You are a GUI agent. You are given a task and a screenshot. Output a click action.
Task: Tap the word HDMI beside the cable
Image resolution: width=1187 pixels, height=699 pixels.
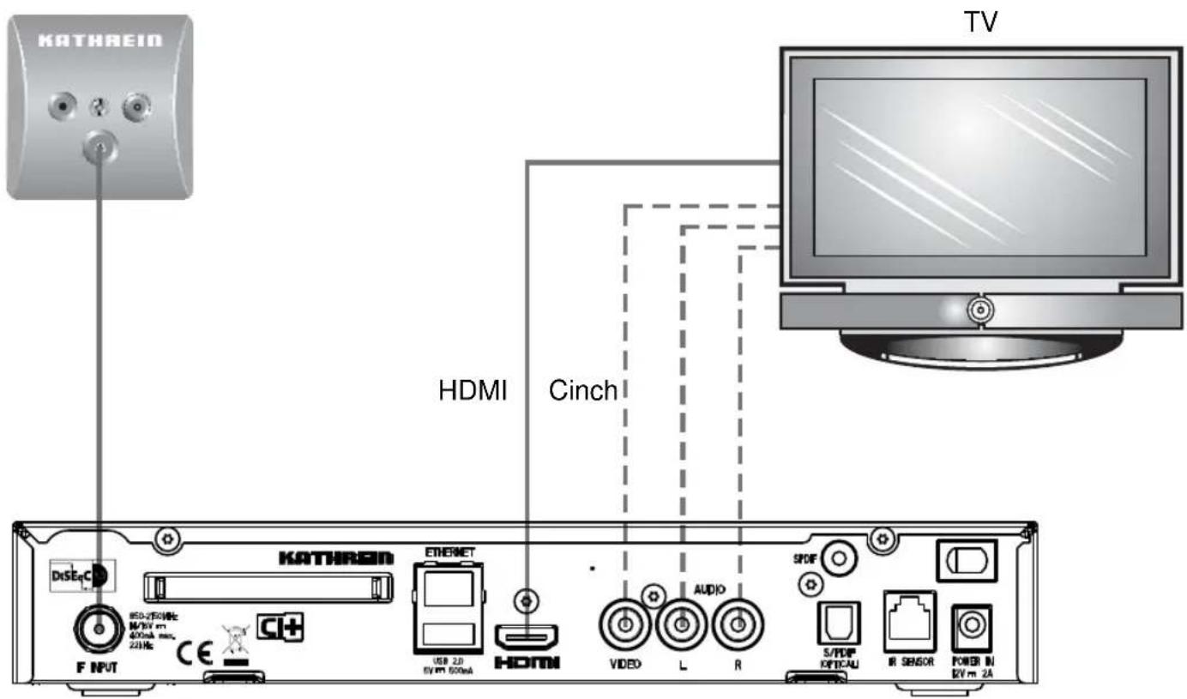click(x=473, y=390)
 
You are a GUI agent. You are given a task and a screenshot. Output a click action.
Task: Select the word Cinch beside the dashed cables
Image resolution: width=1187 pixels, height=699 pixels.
click(x=582, y=390)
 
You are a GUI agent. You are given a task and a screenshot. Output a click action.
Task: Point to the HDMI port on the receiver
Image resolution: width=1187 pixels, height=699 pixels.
click(x=527, y=636)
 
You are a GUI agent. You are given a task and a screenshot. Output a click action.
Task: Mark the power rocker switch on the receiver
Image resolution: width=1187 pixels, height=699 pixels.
click(x=966, y=559)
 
